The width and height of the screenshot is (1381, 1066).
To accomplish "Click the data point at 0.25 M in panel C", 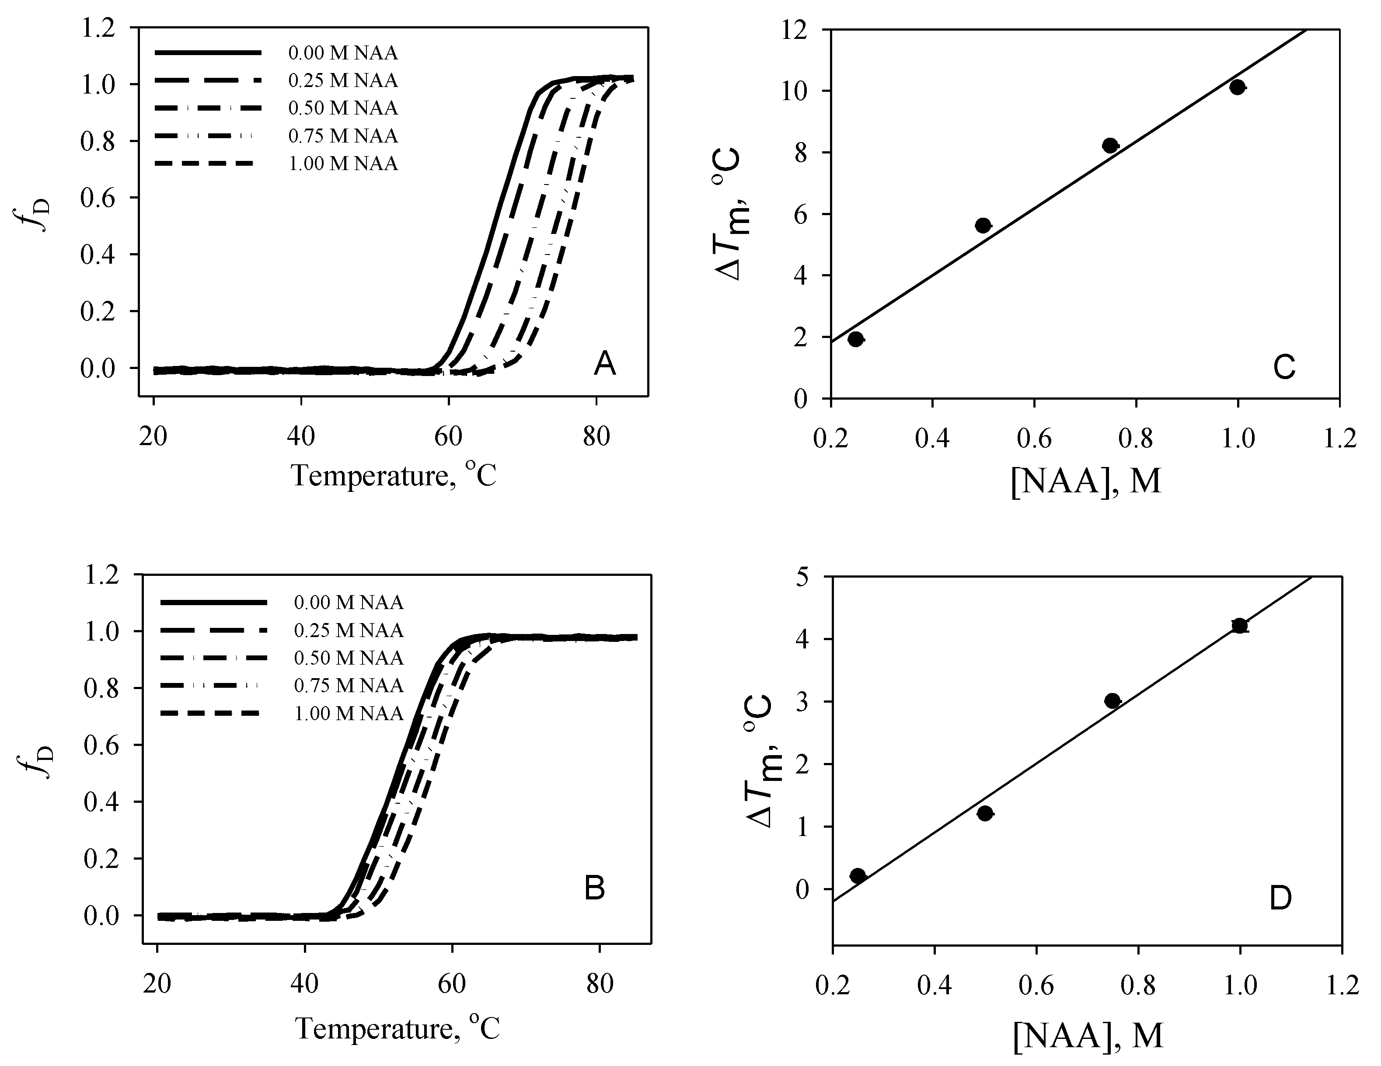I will click(x=855, y=339).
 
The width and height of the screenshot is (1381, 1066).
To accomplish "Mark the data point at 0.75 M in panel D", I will click(x=1112, y=700).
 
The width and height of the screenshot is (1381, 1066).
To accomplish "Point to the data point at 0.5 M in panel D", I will click(x=984, y=813).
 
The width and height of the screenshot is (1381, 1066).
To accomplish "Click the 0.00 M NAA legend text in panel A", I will click(x=343, y=53).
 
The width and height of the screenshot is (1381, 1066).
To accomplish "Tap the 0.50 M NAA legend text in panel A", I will click(x=343, y=108).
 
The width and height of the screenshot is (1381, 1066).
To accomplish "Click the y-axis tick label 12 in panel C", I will click(x=808, y=30).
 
